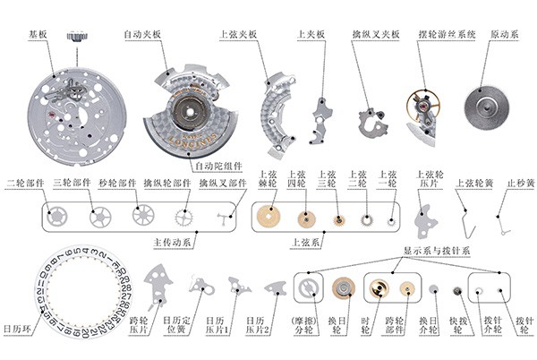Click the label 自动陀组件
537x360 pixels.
[x=217, y=167]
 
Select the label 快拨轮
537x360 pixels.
[x=456, y=327]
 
